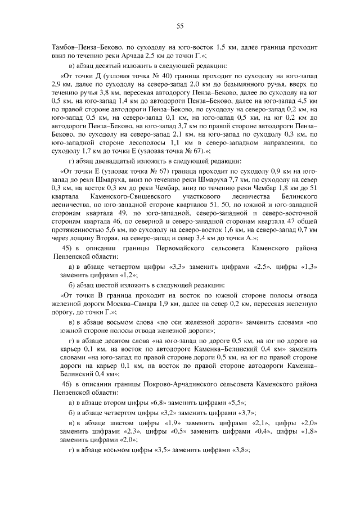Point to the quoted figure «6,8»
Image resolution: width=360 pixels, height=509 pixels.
pos(164,403)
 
